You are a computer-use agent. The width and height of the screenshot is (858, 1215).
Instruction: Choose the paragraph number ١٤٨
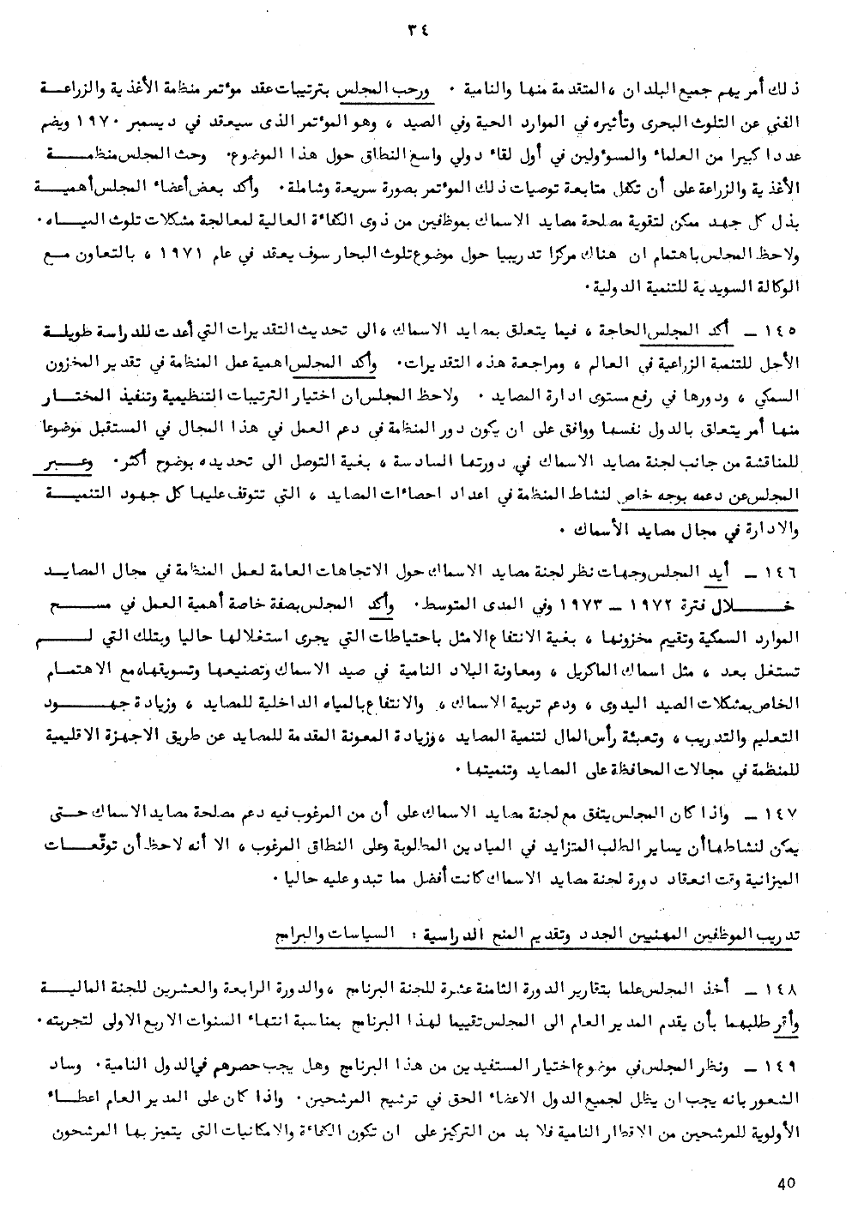tap(789, 991)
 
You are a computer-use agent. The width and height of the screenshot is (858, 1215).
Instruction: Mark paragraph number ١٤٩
tap(789, 1066)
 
